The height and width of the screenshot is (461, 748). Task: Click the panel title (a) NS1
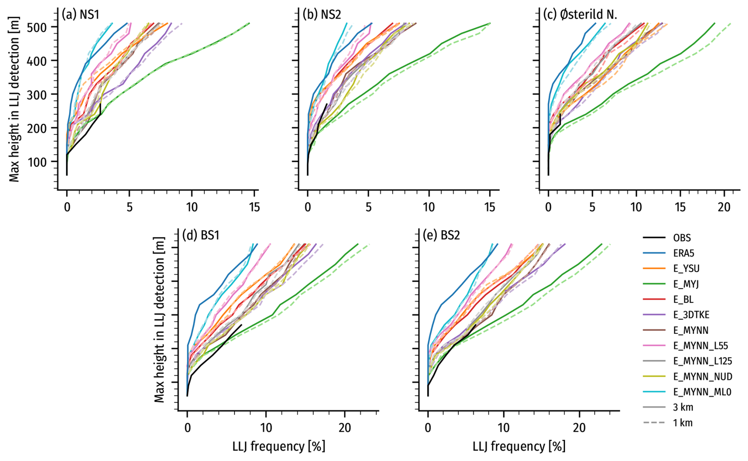pos(80,15)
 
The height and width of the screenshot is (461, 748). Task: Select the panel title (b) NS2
pos(321,15)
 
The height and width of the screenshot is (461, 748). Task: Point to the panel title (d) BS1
pos(200,235)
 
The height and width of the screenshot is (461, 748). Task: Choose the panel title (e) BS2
pos(441,235)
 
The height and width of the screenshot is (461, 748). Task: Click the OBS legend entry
pos(682,238)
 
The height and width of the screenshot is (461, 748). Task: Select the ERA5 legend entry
pos(684,254)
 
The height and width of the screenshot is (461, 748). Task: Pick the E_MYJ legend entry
pos(686,284)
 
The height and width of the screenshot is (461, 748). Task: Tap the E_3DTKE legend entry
pos(691,315)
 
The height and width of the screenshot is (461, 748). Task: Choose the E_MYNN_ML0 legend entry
pos(702,392)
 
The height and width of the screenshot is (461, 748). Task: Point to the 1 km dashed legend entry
pos(683,423)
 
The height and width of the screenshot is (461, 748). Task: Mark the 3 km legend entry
pos(683,407)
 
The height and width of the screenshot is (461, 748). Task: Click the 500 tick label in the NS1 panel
pos(38,27)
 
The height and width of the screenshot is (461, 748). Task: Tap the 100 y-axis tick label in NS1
pos(38,162)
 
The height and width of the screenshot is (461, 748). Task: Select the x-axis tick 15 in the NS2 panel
pos(489,207)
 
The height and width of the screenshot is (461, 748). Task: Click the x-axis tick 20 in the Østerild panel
pos(724,207)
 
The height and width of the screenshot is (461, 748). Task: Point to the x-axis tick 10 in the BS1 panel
pos(266,428)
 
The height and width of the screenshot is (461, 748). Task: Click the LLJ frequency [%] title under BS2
pos(519,446)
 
